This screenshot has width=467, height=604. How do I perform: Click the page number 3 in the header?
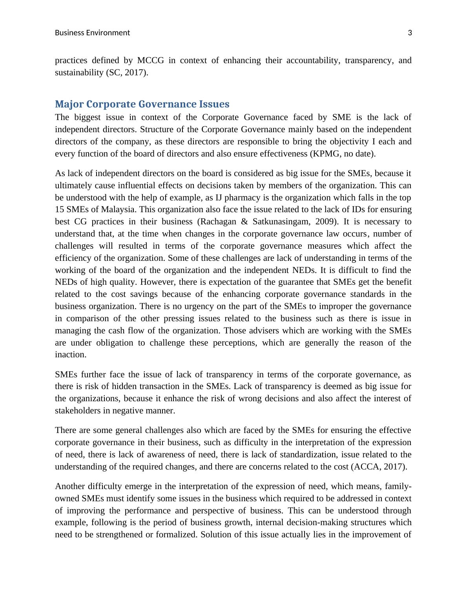[x=410, y=33]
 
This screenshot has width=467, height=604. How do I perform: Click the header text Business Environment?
[x=92, y=33]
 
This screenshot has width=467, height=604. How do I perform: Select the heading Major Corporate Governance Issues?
[x=142, y=104]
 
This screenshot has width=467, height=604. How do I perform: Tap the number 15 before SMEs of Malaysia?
[x=59, y=209]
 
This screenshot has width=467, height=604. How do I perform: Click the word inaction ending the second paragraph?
[x=70, y=355]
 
